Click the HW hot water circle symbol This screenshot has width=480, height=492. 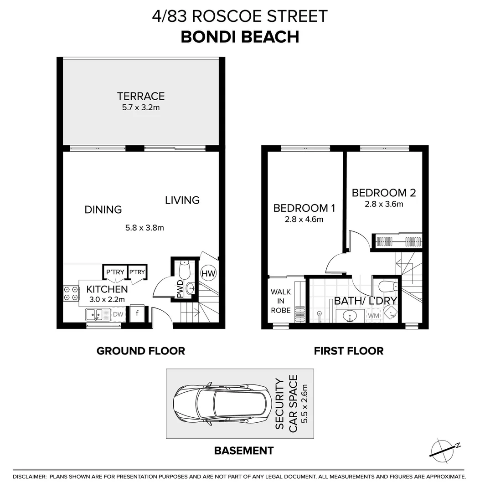(208, 273)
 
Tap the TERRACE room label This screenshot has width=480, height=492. (140, 96)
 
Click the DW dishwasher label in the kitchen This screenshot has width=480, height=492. (118, 314)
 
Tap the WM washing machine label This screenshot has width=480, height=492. (373, 315)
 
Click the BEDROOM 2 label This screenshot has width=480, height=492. (383, 193)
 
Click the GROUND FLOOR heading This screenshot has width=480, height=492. (140, 351)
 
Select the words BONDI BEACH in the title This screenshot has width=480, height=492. (240, 37)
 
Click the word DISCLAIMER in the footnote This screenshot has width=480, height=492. (30, 477)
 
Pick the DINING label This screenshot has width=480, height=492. (103, 210)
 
